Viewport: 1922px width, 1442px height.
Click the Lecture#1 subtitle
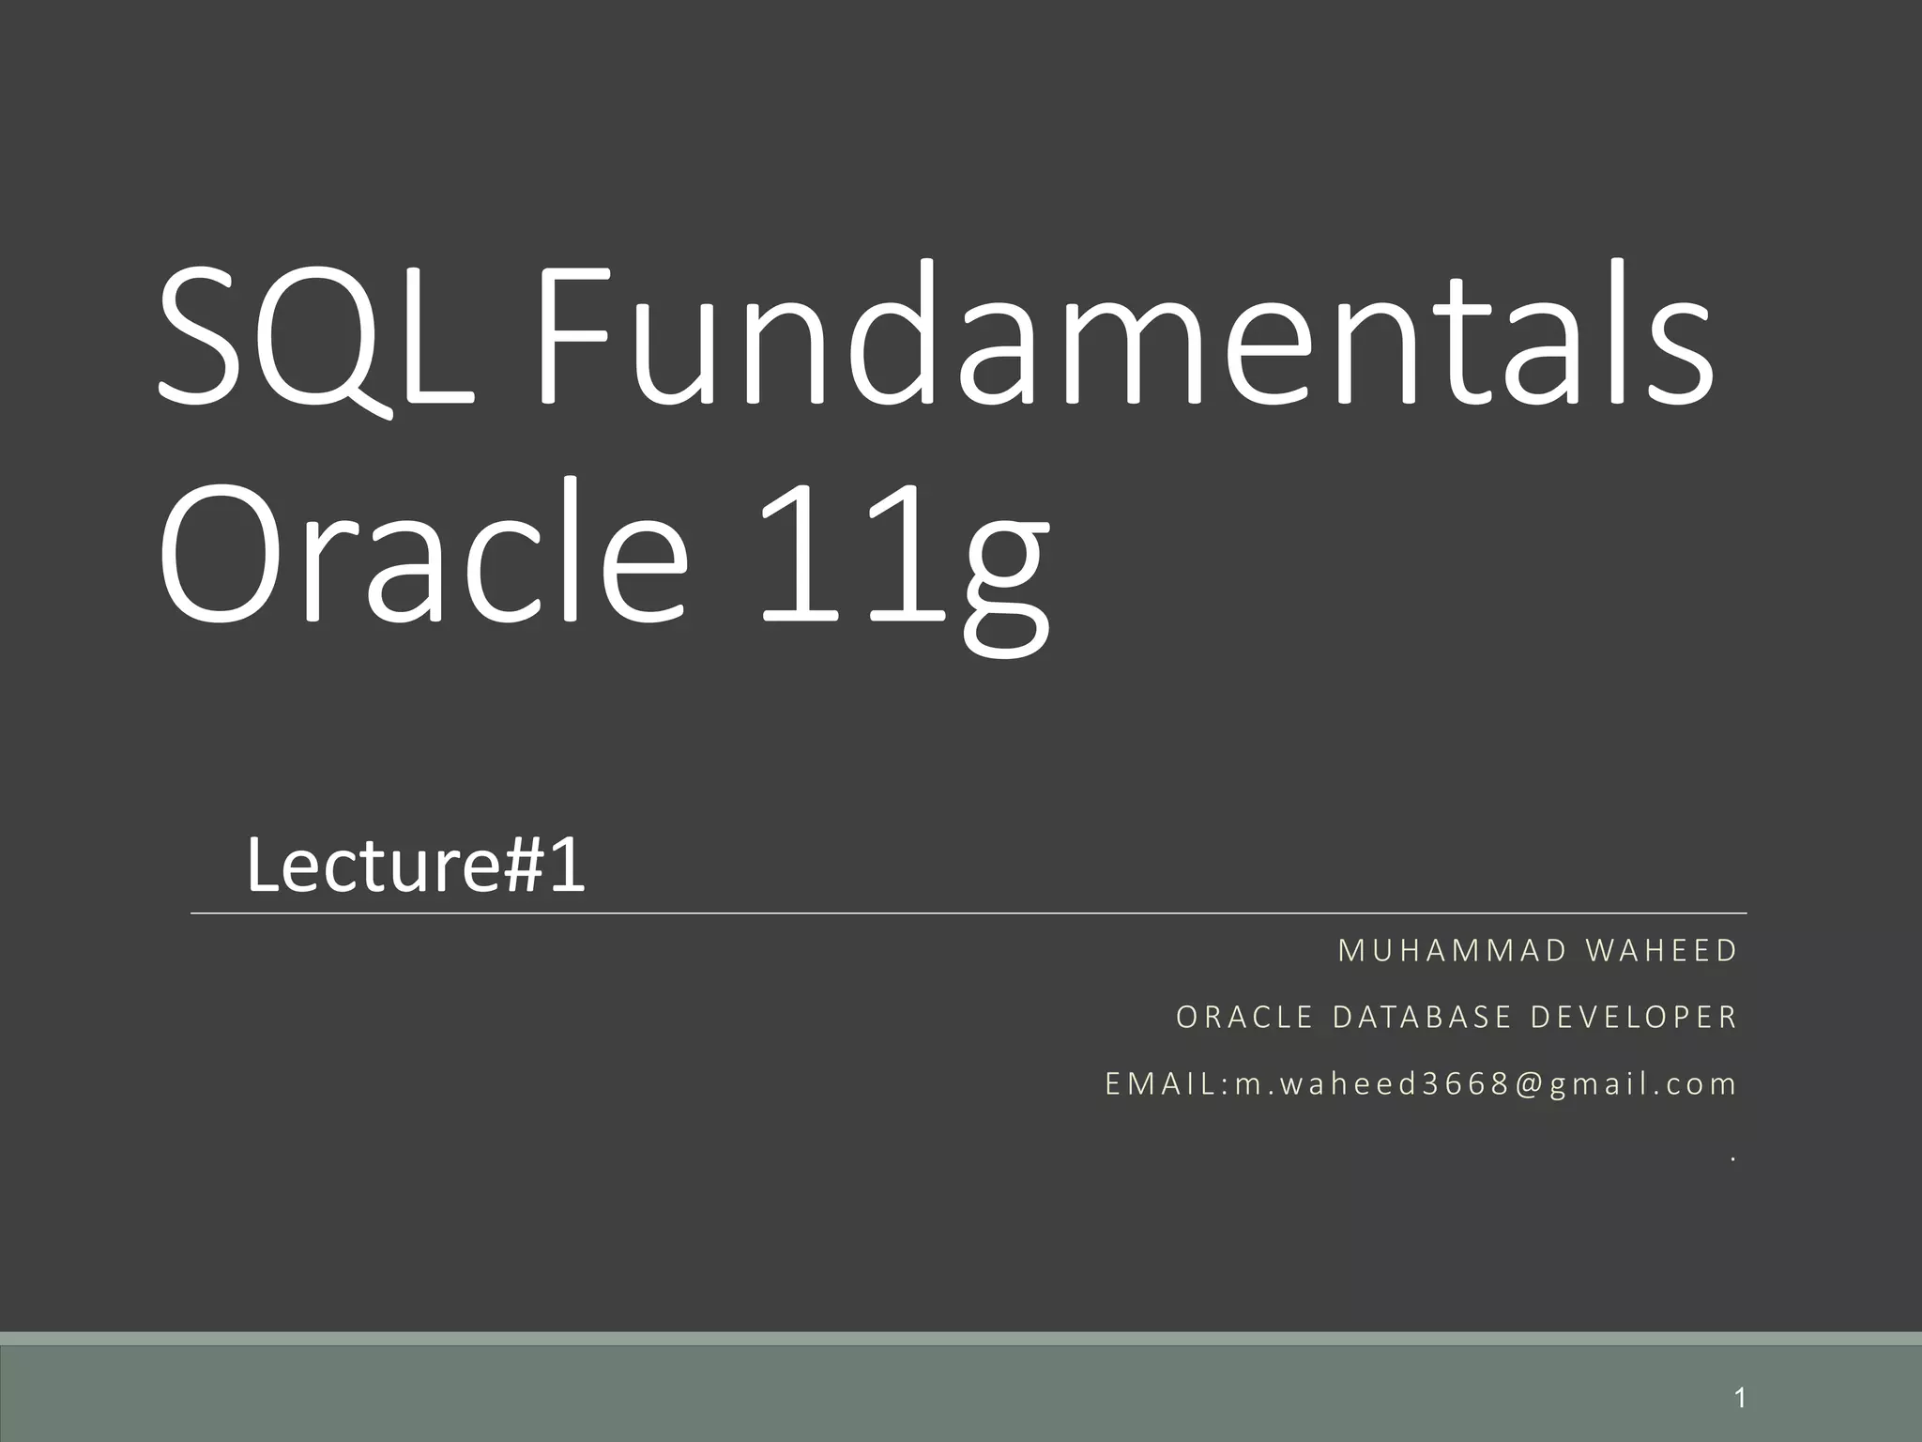tap(416, 866)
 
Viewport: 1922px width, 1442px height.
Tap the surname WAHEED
tap(1661, 951)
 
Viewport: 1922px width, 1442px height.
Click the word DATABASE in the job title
tap(1423, 1018)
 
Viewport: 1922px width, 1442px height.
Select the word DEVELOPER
tap(1634, 1018)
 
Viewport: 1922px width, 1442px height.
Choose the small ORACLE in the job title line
tap(1244, 1018)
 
